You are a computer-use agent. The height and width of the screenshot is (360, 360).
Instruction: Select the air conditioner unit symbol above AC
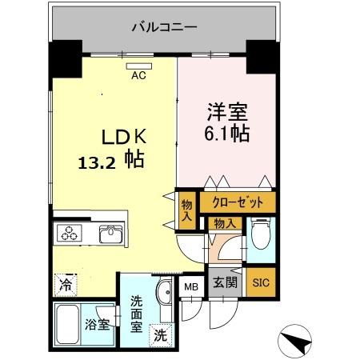tap(139, 66)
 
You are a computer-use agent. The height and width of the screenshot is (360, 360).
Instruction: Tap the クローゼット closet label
tap(237, 202)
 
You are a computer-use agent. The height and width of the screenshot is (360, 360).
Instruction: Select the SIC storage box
tap(260, 282)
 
